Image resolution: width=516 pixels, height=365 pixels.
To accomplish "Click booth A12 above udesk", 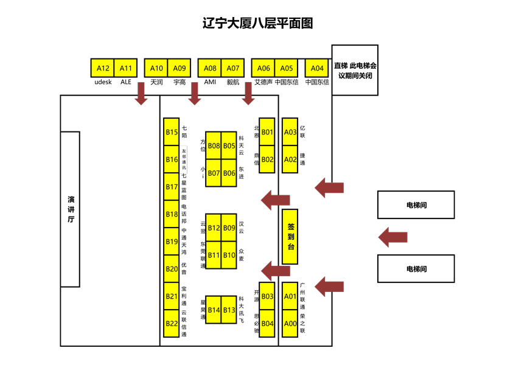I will (x=103, y=68).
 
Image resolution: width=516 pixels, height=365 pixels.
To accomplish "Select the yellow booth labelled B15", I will (x=172, y=132).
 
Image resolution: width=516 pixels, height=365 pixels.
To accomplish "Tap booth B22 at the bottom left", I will (x=172, y=324).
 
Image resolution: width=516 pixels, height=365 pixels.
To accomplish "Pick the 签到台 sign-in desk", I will (x=290, y=237).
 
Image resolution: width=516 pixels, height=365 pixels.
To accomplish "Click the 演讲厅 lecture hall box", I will (x=71, y=209).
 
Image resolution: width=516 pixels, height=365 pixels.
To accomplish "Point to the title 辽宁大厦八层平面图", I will (x=257, y=23).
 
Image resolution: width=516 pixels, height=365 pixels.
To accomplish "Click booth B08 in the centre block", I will (x=214, y=145).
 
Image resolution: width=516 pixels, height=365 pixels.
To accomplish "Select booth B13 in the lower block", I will (x=229, y=310).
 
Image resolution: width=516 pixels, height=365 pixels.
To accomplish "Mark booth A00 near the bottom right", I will (x=290, y=324).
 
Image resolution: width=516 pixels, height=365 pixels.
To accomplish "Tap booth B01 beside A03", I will (x=268, y=132).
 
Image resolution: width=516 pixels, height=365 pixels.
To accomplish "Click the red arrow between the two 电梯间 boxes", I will (x=392, y=237).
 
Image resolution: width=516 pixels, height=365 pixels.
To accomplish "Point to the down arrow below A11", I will (x=141, y=93).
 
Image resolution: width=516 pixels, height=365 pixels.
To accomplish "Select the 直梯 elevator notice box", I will (x=355, y=70).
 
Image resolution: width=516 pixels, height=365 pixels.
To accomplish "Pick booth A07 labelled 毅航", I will (x=233, y=68).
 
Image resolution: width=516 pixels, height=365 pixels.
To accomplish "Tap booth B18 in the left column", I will (x=172, y=214).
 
